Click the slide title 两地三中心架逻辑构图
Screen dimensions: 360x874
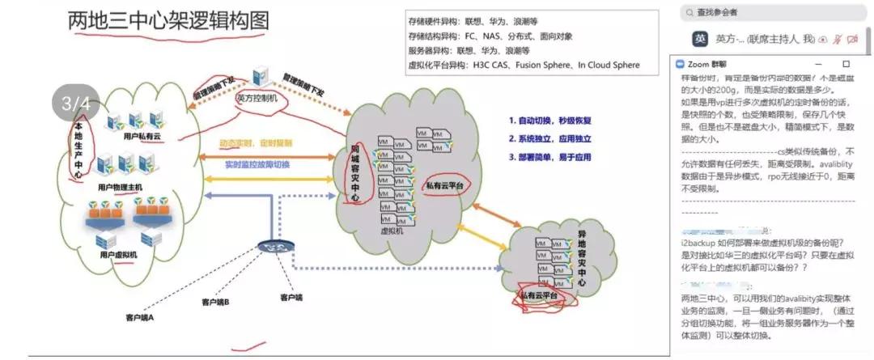pos(168,21)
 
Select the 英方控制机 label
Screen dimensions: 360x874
pos(257,97)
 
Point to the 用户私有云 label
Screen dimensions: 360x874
pos(142,137)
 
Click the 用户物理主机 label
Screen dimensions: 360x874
pos(120,187)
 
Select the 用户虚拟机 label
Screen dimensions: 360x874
pos(117,255)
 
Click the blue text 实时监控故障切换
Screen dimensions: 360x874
pos(257,164)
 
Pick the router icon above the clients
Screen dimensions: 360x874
pos(269,247)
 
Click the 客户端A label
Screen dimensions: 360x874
pos(139,316)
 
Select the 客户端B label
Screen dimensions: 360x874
pos(215,302)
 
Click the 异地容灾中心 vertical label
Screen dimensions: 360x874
pos(580,259)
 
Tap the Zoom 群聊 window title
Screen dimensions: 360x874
pos(706,63)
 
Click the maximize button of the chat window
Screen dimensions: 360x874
pos(846,63)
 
